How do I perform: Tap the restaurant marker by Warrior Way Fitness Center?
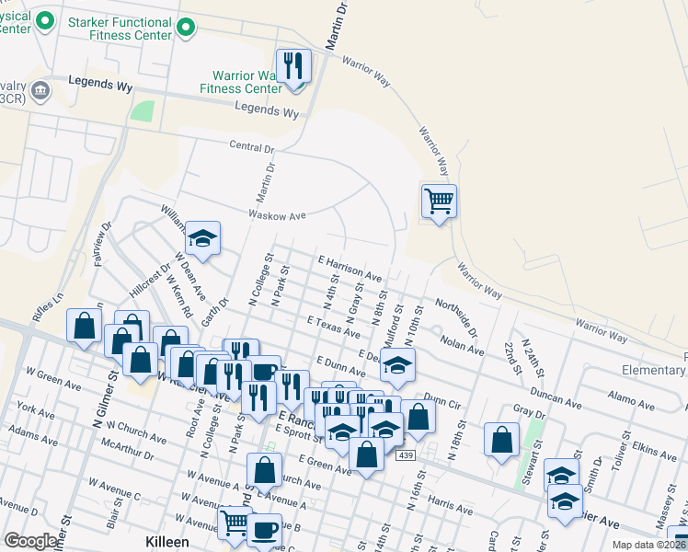[294, 68]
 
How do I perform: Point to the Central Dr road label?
[251, 147]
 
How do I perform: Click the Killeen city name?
[167, 542]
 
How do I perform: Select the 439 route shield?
[406, 455]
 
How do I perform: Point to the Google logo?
[30, 541]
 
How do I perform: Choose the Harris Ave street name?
[450, 507]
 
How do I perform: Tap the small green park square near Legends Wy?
[142, 111]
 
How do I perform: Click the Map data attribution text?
[648, 545]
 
